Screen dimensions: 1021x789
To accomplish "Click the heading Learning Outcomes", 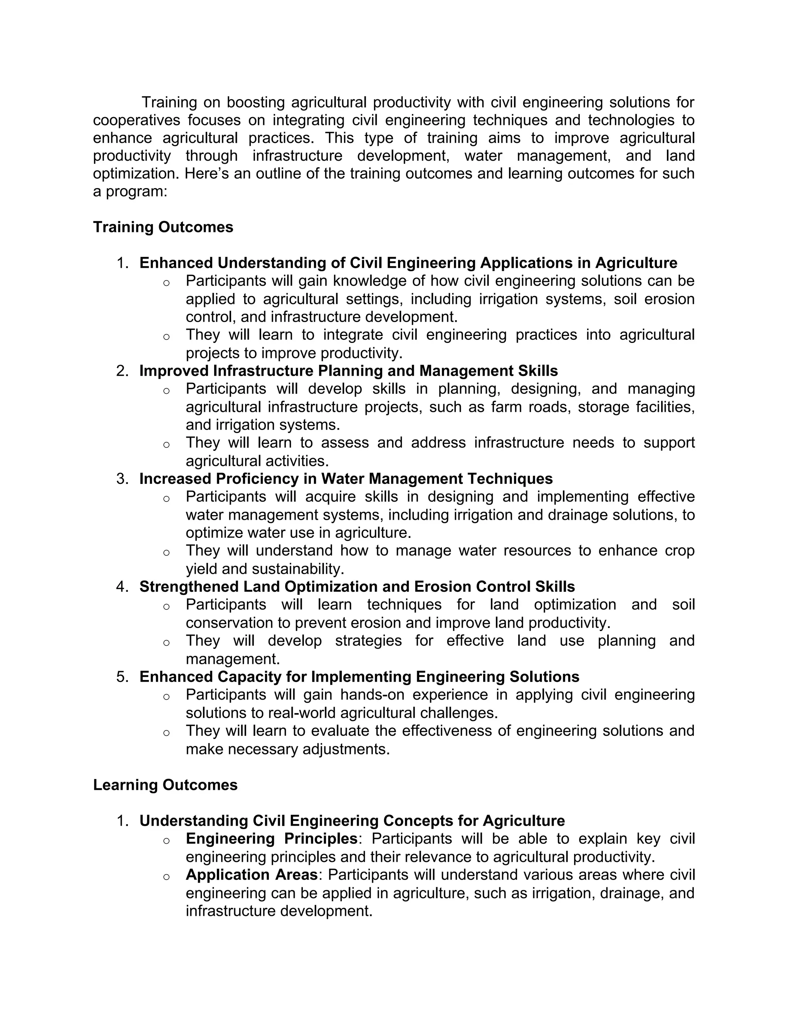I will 165,784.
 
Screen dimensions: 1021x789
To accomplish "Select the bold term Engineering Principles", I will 272,838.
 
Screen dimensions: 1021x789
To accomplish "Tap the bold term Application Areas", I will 252,874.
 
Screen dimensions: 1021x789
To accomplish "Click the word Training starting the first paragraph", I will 169,102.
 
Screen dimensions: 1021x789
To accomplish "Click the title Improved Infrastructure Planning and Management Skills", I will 348,371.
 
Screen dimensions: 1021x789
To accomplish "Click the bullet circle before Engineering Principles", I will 166,840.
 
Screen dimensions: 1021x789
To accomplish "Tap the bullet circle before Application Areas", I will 166,876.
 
